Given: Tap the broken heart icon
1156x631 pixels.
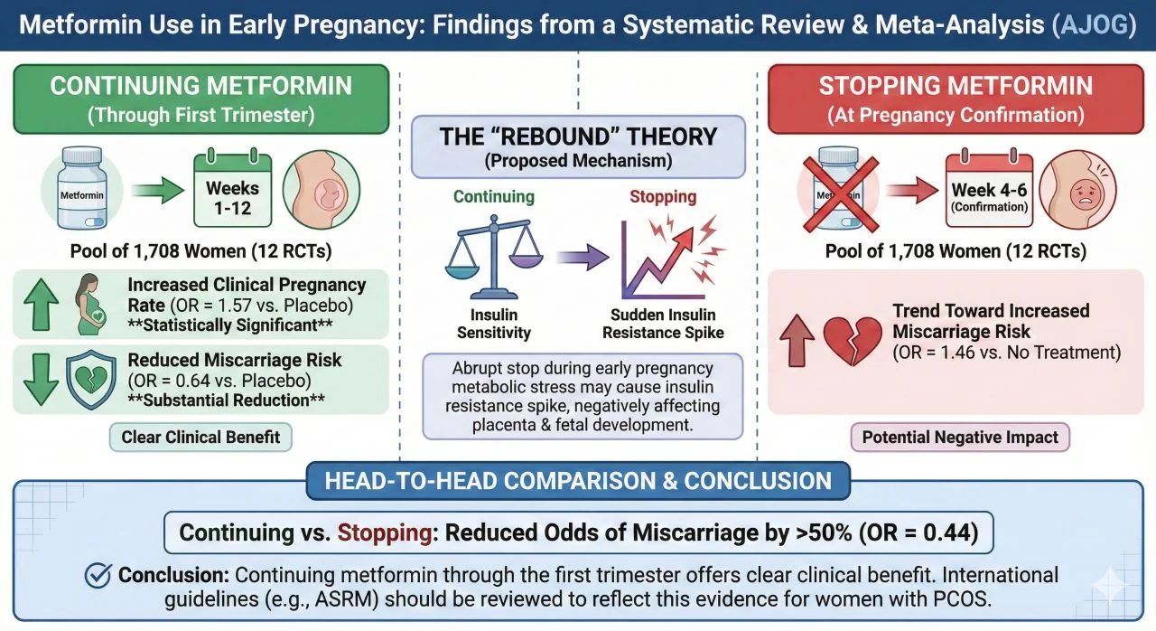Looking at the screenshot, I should point(851,340).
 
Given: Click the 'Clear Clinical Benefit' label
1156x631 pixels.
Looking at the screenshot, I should point(201,438).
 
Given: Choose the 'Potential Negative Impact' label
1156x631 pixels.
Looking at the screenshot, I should point(960,438).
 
